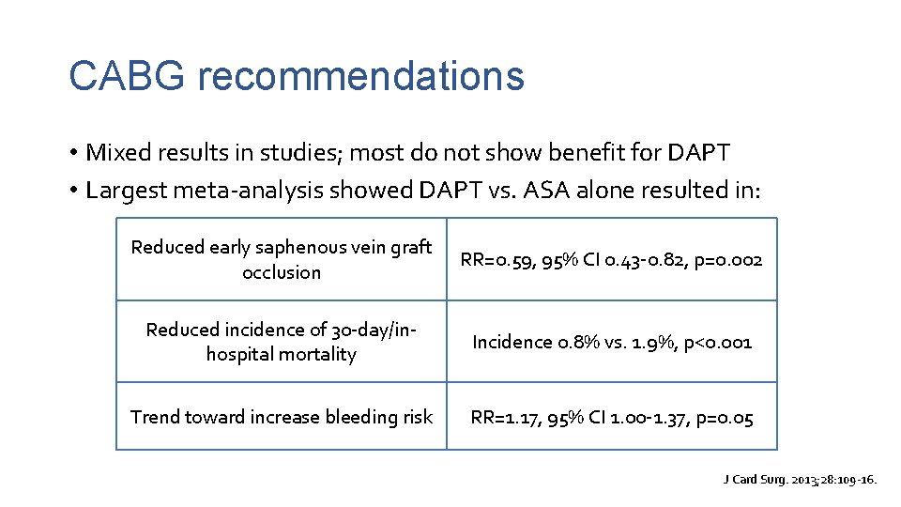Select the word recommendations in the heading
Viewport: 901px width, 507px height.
[360, 75]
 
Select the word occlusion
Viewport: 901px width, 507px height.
[282, 272]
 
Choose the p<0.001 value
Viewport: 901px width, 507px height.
[715, 342]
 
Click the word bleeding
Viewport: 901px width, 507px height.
[352, 417]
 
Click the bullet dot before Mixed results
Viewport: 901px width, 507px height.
[72, 152]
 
